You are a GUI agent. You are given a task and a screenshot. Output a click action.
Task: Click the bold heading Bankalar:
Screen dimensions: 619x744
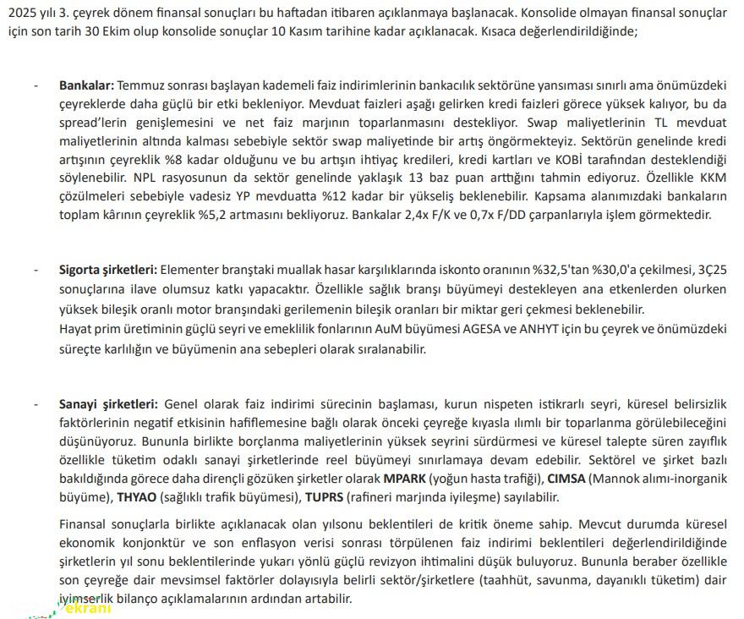pyautogui.click(x=86, y=85)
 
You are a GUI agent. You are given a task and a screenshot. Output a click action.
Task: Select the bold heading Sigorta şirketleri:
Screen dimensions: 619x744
pyautogui.click(x=107, y=269)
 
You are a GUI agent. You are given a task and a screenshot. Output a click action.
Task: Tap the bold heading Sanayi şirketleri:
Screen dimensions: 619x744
pyautogui.click(x=108, y=404)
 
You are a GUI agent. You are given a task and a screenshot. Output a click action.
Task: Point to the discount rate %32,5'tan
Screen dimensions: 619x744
pyautogui.click(x=562, y=269)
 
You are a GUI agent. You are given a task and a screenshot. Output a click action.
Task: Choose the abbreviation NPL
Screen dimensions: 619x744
pyautogui.click(x=147, y=178)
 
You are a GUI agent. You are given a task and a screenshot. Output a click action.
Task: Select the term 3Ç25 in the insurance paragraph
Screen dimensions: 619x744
pyautogui.click(x=708, y=269)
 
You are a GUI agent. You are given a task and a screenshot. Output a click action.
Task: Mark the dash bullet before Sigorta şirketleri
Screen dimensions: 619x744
pyautogui.click(x=35, y=269)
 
